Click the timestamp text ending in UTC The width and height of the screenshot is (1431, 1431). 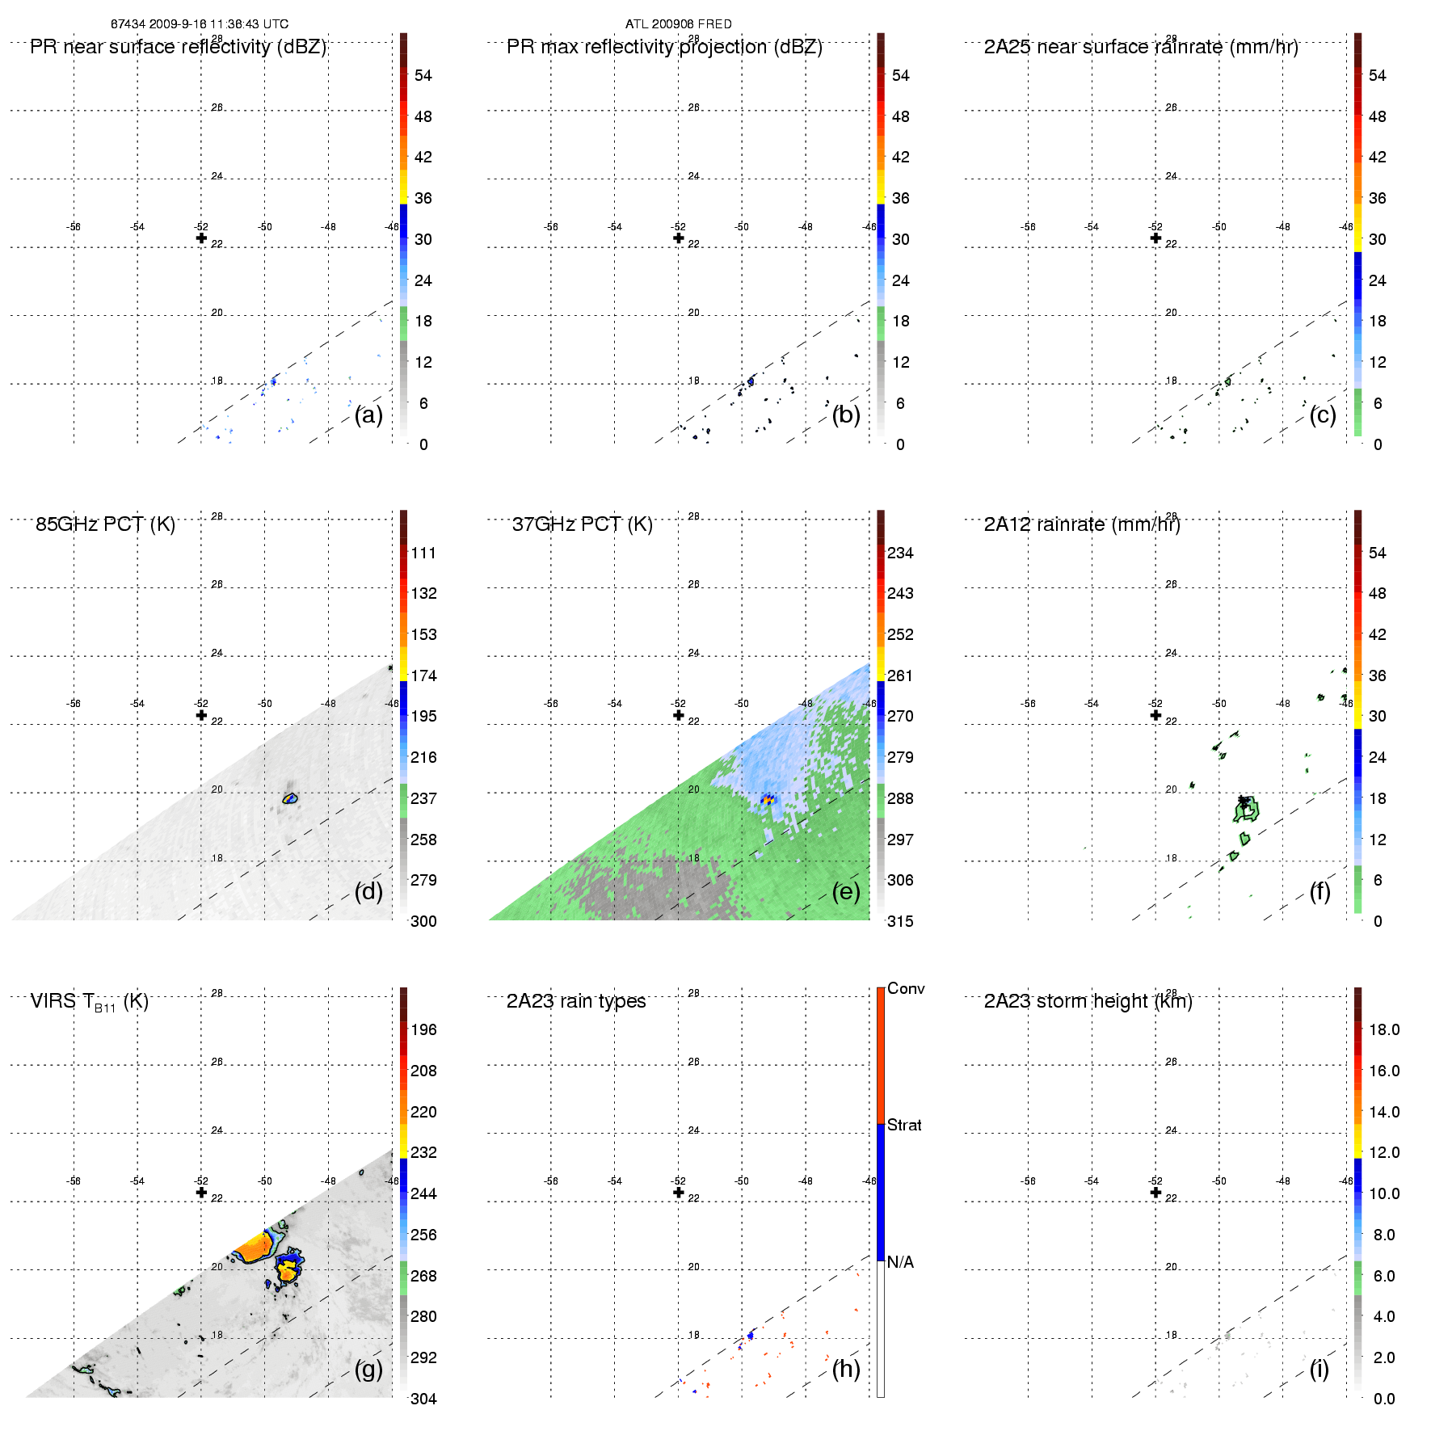point(200,24)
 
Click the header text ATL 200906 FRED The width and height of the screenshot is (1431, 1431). point(678,24)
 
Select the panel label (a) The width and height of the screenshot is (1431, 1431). point(368,415)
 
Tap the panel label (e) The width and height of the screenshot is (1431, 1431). point(845,891)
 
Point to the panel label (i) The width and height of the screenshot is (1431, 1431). point(1319,1369)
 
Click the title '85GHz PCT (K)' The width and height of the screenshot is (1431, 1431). point(105,524)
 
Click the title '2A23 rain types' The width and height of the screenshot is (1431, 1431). point(576,1001)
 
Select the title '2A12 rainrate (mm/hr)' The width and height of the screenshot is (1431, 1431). point(1082,524)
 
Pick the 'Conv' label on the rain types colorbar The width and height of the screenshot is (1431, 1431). point(905,988)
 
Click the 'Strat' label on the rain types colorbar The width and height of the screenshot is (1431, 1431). point(904,1125)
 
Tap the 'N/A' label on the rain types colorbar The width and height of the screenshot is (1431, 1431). point(900,1262)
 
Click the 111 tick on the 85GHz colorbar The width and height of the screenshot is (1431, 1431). point(423,553)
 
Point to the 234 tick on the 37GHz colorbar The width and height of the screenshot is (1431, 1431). point(900,553)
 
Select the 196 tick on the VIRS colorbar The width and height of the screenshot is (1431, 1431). point(423,1029)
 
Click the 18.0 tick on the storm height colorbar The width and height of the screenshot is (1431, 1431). point(1384,1029)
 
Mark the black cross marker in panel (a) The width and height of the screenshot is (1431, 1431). point(201,238)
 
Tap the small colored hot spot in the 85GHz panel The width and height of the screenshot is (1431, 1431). point(290,798)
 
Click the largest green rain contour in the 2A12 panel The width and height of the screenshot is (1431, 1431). point(1246,810)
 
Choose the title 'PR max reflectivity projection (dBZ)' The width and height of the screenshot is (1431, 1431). point(664,47)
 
